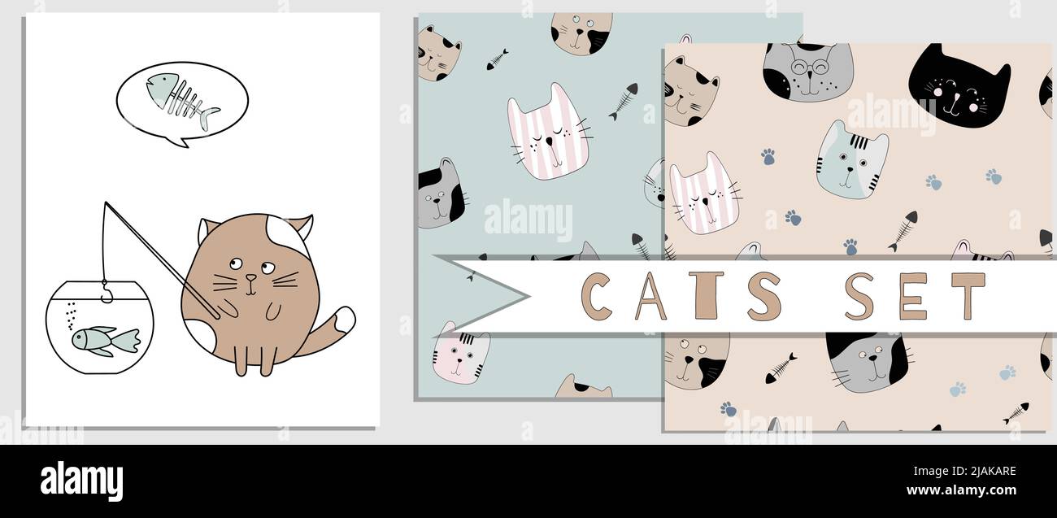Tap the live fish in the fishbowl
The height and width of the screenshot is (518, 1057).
pyautogui.click(x=104, y=338)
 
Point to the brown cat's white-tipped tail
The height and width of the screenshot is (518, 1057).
pyautogui.click(x=342, y=320)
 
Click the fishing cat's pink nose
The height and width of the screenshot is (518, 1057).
pyautogui.click(x=251, y=277)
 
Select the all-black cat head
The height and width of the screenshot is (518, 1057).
pyautogui.click(x=958, y=85)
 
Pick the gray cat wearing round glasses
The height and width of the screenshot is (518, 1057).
pyautogui.click(x=807, y=71)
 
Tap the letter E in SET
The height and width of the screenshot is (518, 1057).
pyautogui.click(x=912, y=296)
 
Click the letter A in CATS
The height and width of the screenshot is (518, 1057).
pyautogui.click(x=651, y=296)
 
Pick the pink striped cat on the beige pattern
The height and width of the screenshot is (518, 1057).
pyautogui.click(x=704, y=195)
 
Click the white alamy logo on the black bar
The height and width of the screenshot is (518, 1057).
pyautogui.click(x=81, y=481)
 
